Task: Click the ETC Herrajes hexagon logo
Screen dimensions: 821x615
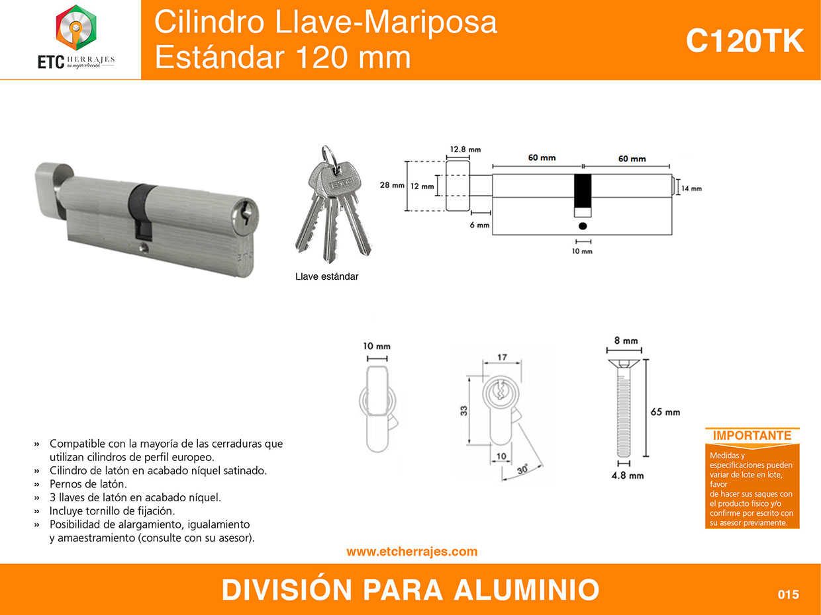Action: click(76, 28)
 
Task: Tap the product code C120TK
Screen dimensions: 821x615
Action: click(744, 41)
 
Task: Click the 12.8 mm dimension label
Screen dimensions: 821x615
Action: click(465, 149)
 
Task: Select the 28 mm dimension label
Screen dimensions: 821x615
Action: click(392, 185)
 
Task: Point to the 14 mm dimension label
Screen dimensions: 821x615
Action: click(691, 188)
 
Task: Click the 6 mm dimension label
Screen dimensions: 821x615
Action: click(479, 225)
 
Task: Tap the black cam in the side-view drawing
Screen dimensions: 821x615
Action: click(583, 191)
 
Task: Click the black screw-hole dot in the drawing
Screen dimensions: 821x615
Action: click(583, 226)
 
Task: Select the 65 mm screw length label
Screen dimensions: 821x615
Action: click(665, 412)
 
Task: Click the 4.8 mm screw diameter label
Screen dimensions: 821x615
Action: click(628, 475)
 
